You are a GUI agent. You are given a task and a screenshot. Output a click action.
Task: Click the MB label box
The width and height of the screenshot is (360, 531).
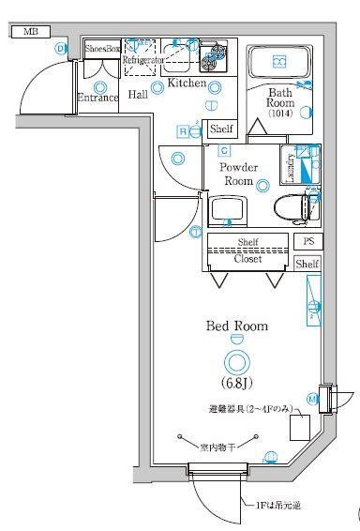[x=31, y=32]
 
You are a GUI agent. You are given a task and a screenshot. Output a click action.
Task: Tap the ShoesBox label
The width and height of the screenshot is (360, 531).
[x=102, y=48]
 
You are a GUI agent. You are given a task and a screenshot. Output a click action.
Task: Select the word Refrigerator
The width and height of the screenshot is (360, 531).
[x=143, y=60]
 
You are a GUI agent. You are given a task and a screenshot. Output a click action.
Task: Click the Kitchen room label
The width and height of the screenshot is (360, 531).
[x=187, y=84]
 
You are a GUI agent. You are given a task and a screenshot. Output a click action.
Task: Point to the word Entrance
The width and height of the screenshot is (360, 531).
[x=97, y=98]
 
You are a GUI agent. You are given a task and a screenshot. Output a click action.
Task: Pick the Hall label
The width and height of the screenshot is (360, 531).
[x=138, y=95]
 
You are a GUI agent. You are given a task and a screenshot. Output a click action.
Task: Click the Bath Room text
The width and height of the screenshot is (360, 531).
[x=280, y=99]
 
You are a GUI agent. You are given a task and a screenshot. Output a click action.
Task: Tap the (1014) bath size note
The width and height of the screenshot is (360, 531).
[x=280, y=114]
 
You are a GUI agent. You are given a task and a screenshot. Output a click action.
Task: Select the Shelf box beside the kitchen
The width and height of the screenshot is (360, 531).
[x=221, y=129]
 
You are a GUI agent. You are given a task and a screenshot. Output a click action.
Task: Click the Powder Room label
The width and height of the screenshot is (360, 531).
[x=237, y=174]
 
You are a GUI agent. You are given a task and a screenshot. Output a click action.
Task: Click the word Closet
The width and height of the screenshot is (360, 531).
[x=247, y=258]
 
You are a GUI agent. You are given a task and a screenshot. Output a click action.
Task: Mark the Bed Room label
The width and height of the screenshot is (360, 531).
[x=237, y=326]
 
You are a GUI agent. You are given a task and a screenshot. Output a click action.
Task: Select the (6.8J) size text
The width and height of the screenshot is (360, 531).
[x=236, y=383]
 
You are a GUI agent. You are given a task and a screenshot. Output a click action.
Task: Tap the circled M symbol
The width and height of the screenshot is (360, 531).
[x=312, y=399]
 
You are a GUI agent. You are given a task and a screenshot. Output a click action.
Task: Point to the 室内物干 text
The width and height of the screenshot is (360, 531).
[x=217, y=448]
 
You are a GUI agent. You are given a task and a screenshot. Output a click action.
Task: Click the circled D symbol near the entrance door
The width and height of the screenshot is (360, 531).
[x=62, y=49]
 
